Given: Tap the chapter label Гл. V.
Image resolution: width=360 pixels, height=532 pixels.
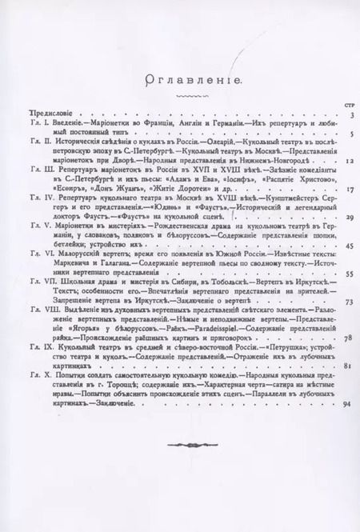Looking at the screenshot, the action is click(x=37, y=227).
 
